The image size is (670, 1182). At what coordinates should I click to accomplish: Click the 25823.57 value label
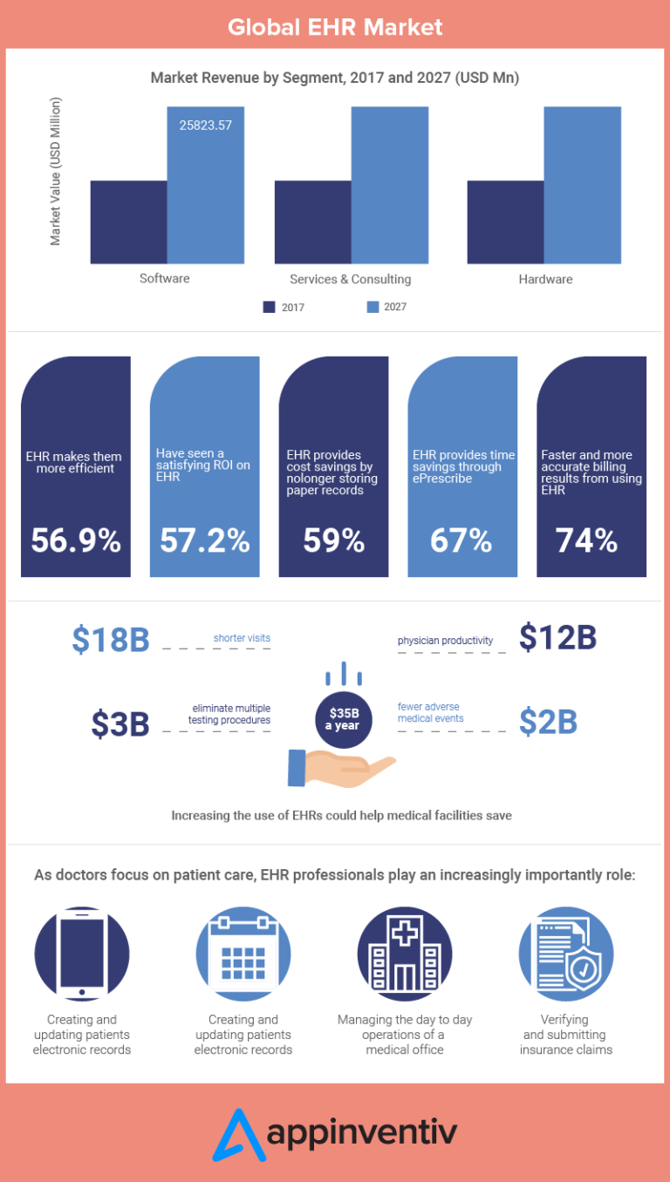206,125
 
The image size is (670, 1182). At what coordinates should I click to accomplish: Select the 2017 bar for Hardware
505,222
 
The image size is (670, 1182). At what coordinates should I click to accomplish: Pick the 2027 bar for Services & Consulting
390,185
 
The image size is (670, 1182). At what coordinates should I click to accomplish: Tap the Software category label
165,279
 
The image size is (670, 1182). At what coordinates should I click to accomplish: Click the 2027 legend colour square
373,307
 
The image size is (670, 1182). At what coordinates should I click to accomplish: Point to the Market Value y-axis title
56,172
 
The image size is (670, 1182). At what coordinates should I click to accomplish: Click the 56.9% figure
76,540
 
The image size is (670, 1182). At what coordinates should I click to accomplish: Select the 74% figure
587,540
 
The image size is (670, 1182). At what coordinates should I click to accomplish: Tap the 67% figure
461,540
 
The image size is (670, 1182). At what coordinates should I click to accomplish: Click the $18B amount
111,639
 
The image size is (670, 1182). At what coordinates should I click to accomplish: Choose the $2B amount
549,722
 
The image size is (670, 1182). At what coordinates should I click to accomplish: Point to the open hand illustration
340,766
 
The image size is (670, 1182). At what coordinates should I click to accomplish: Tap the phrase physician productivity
445,641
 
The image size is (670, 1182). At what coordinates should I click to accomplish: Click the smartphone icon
82,954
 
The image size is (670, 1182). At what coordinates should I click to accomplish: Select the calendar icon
243,954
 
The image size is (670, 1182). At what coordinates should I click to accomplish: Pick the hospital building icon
405,954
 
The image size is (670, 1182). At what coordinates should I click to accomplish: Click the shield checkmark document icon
565,954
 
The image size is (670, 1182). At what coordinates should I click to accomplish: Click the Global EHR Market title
335,27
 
